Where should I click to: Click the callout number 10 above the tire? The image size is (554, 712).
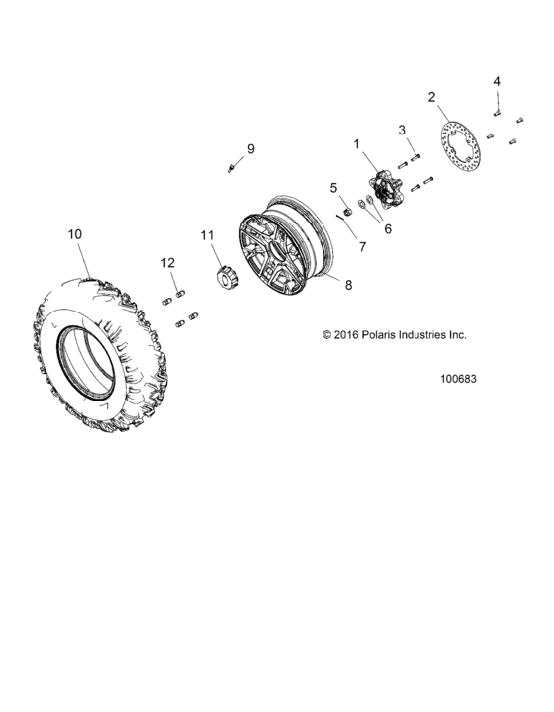[x=74, y=234]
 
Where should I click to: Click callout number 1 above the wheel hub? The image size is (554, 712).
[x=357, y=143]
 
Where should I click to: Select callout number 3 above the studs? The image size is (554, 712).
[x=403, y=130]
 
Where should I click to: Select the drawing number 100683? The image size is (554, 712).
[x=459, y=378]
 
